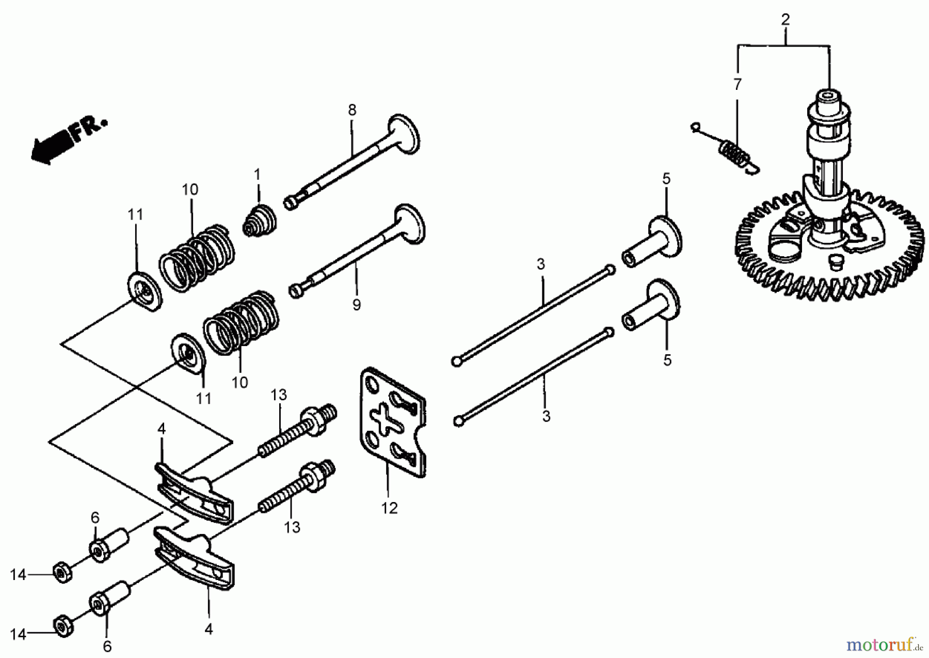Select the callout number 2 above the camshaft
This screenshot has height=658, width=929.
pyautogui.click(x=785, y=20)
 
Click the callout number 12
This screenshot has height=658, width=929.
pyautogui.click(x=389, y=508)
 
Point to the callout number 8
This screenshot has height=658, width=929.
pyautogui.click(x=352, y=110)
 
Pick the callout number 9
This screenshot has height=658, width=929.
pyautogui.click(x=357, y=305)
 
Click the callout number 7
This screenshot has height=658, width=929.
pyautogui.click(x=738, y=84)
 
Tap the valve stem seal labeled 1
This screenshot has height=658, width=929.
pyautogui.click(x=260, y=222)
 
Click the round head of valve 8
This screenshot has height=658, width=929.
pyautogui.click(x=404, y=134)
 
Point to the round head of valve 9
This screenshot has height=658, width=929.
pyautogui.click(x=410, y=224)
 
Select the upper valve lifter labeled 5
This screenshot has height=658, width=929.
pyautogui.click(x=652, y=242)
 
